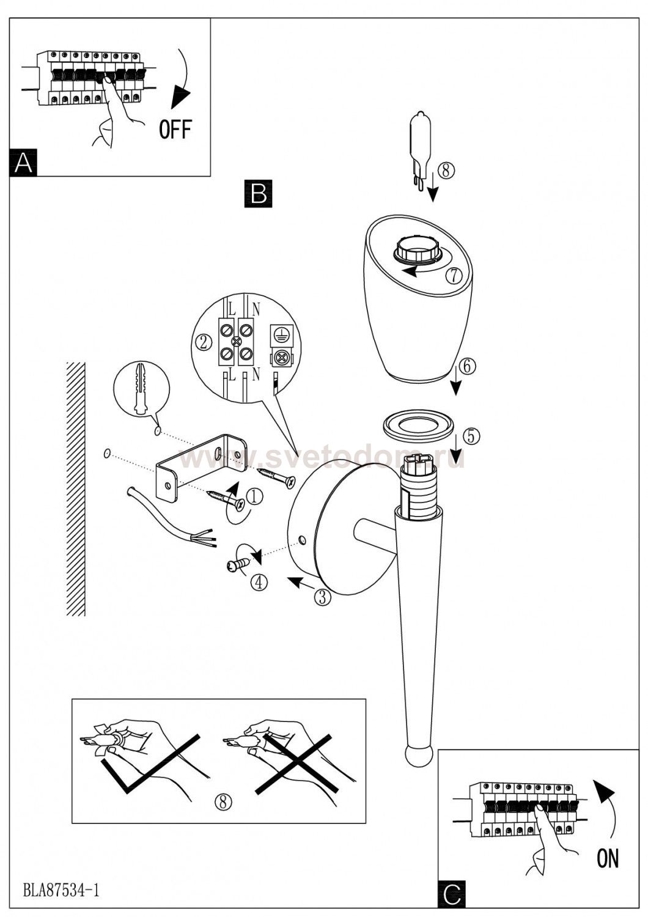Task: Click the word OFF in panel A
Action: tap(175, 129)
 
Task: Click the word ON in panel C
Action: tap(607, 858)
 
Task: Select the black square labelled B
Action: tap(258, 193)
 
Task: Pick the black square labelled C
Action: tap(452, 894)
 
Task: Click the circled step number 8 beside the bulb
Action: tap(445, 170)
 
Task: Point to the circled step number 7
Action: tap(453, 276)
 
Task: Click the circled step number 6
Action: tap(466, 366)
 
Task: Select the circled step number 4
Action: tap(259, 582)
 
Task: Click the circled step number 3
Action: tap(322, 597)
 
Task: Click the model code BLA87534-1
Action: tap(61, 890)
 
